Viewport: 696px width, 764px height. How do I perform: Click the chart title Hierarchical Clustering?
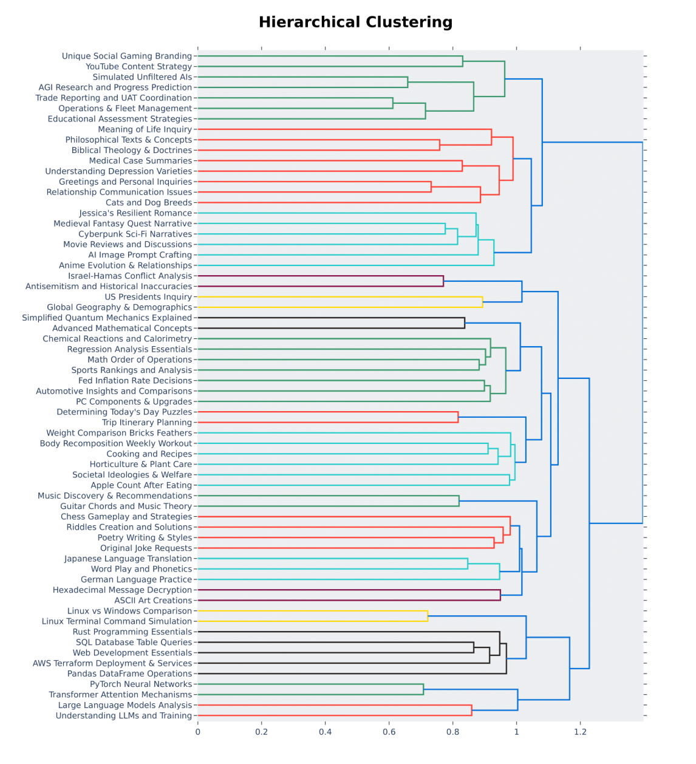pyautogui.click(x=355, y=22)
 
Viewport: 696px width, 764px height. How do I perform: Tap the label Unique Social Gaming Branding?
pyautogui.click(x=126, y=56)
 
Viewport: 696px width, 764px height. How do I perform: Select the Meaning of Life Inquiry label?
pyautogui.click(x=145, y=129)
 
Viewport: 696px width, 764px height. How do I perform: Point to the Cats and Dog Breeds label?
pyautogui.click(x=148, y=203)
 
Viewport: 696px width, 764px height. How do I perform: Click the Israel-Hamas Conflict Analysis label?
pyautogui.click(x=129, y=276)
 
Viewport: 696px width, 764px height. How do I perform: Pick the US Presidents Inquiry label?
pyautogui.click(x=148, y=297)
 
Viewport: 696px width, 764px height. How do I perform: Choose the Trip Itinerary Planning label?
pyautogui.click(x=146, y=423)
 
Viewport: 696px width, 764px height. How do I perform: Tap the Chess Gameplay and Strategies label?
pyautogui.click(x=126, y=517)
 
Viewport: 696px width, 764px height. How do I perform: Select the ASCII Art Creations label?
pyautogui.click(x=153, y=601)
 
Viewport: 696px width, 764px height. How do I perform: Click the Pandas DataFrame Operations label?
pyautogui.click(x=129, y=674)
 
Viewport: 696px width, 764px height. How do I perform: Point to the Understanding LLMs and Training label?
pyautogui.click(x=123, y=715)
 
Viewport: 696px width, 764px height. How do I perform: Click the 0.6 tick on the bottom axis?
pyautogui.click(x=389, y=732)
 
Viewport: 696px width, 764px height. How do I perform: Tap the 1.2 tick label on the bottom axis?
pyautogui.click(x=580, y=732)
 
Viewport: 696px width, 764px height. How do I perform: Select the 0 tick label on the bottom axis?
pyautogui.click(x=198, y=732)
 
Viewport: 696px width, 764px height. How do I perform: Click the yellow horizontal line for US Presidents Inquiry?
pyautogui.click(x=340, y=297)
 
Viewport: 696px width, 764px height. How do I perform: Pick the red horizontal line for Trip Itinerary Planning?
pyautogui.click(x=328, y=423)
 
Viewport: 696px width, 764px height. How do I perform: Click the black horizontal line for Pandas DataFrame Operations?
pyautogui.click(x=352, y=674)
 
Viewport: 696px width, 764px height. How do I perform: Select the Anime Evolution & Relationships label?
pyautogui.click(x=125, y=265)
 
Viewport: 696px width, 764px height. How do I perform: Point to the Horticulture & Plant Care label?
pyautogui.click(x=140, y=465)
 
